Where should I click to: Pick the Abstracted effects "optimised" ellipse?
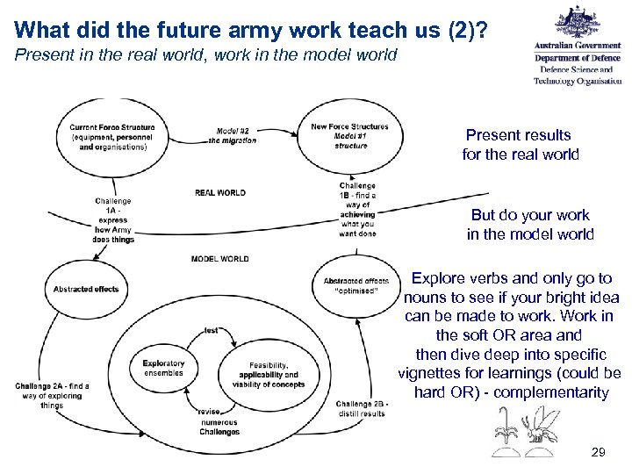click(x=355, y=285)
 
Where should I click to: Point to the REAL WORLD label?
click(x=219, y=192)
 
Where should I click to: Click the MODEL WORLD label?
click(x=219, y=259)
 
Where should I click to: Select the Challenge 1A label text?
click(x=113, y=219)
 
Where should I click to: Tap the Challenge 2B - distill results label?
click(x=360, y=408)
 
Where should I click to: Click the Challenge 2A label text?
click(x=52, y=395)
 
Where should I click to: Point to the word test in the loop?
click(x=212, y=330)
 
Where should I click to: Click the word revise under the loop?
click(x=209, y=412)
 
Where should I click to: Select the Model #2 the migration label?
click(x=233, y=135)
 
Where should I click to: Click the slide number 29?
click(x=598, y=451)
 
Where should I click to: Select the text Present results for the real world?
click(x=520, y=145)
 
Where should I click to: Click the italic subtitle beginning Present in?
click(x=206, y=55)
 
